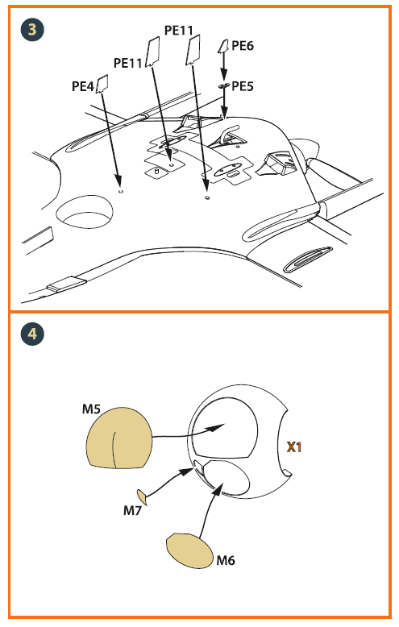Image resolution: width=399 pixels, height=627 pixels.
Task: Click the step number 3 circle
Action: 32,29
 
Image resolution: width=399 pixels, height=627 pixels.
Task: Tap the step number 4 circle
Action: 32,334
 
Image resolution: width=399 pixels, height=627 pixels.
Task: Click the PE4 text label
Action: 83,86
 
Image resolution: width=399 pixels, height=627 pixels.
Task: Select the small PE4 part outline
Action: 102,83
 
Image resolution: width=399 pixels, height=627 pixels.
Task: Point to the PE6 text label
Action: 243,46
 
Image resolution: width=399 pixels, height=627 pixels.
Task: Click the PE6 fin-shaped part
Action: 222,47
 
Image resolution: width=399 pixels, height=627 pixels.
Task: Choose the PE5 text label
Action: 243,86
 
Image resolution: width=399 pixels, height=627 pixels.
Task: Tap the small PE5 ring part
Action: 224,85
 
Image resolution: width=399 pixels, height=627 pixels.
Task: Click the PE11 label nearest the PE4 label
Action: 128,63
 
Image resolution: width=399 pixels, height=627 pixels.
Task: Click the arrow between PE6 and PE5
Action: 223,65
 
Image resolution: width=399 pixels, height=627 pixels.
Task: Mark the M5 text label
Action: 91,409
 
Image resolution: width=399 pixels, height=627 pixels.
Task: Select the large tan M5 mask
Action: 119,438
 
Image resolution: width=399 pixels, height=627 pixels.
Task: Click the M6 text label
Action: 226,560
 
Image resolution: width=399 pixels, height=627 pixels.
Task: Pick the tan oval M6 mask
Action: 190,550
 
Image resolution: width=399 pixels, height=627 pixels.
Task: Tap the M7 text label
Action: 132,510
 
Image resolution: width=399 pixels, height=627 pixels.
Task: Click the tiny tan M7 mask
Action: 142,496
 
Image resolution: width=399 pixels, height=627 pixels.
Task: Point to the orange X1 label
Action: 294,446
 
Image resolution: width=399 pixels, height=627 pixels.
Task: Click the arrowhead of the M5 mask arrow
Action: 216,428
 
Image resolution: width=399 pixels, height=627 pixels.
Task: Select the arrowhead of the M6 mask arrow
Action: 217,489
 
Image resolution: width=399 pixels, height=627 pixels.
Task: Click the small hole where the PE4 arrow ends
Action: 120,191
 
